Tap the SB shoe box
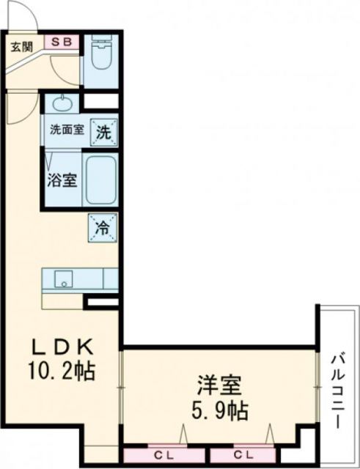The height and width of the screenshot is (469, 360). [x=60, y=42]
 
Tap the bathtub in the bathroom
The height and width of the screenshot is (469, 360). [x=100, y=180]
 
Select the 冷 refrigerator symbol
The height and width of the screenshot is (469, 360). [x=102, y=227]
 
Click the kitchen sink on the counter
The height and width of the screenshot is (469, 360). [x=62, y=279]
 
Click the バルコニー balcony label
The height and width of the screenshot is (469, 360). [x=337, y=391]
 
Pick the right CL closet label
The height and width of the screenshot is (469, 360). [x=244, y=452]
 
